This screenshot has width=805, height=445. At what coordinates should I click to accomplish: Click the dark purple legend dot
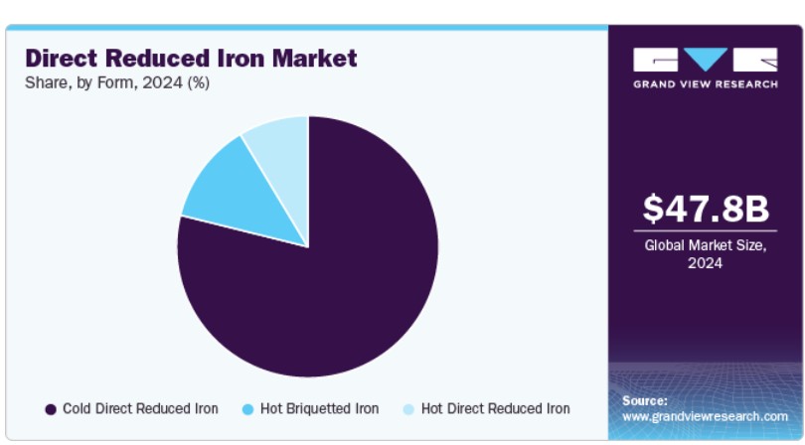[x=51, y=409]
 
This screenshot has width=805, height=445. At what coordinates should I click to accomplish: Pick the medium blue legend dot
[x=248, y=409]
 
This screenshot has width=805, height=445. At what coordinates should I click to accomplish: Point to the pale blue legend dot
[x=408, y=409]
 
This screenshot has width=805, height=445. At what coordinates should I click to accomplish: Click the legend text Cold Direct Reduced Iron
[x=140, y=409]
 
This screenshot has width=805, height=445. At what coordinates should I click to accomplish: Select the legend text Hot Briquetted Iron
[x=319, y=409]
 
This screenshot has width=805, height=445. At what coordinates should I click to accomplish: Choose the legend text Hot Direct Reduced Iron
[x=496, y=409]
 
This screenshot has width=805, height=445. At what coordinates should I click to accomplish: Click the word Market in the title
[x=314, y=58]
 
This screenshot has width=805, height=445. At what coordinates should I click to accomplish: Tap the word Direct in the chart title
[x=61, y=58]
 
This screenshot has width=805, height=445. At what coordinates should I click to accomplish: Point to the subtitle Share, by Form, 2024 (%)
[x=117, y=82]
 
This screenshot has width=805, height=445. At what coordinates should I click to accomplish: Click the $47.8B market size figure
[x=706, y=209]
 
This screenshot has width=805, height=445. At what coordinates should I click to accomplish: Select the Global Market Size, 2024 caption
[x=706, y=254]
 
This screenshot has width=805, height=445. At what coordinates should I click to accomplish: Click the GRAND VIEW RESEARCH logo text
[x=706, y=84]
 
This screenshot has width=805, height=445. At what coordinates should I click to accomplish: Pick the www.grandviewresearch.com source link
[x=705, y=417]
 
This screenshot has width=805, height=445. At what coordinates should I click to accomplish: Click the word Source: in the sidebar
[x=645, y=401]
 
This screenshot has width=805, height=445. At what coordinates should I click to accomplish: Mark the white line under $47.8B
[x=706, y=231]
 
